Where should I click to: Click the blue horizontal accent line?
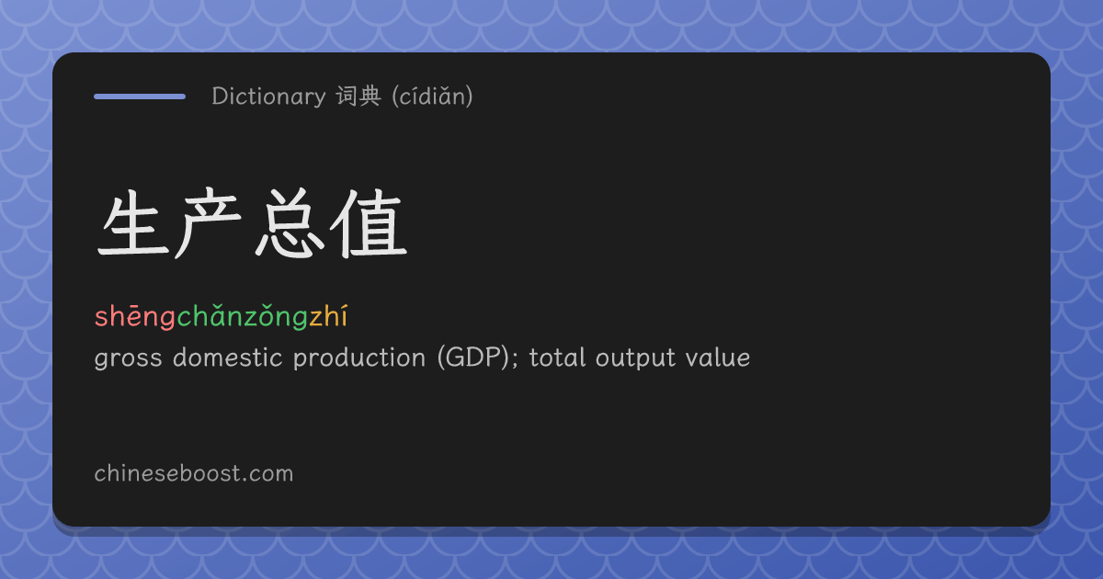pyautogui.click(x=140, y=96)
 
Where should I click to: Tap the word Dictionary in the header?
pyautogui.click(x=268, y=96)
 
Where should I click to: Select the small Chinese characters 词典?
pyautogui.click(x=358, y=96)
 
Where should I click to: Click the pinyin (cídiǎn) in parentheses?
pyautogui.click(x=432, y=96)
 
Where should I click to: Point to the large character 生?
pyautogui.click(x=134, y=224)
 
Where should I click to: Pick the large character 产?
pyautogui.click(x=209, y=223)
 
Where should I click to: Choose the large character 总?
pyautogui.click(x=290, y=223)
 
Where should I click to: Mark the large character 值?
pyautogui.click(x=370, y=223)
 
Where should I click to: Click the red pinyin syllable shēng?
pyautogui.click(x=135, y=316)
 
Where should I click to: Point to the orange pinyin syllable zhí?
pyautogui.click(x=329, y=316)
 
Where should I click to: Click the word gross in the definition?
pyautogui.click(x=128, y=358)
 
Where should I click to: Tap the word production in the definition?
pyautogui.click(x=359, y=358)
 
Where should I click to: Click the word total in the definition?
pyautogui.click(x=557, y=357)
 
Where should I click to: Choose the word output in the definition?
pyautogui.click(x=636, y=358)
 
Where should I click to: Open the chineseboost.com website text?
pyautogui.click(x=194, y=473)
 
